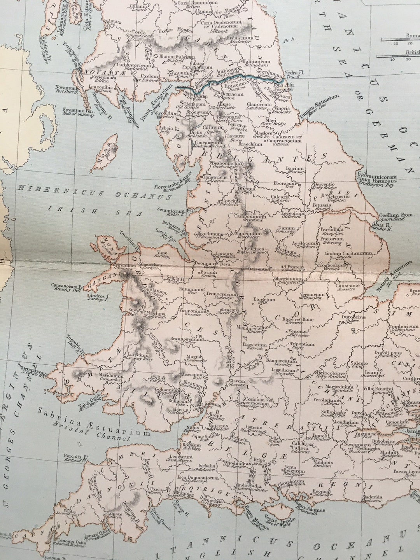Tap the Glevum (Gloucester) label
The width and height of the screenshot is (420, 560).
click(237, 383)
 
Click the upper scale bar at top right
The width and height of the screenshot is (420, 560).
click(401, 40)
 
